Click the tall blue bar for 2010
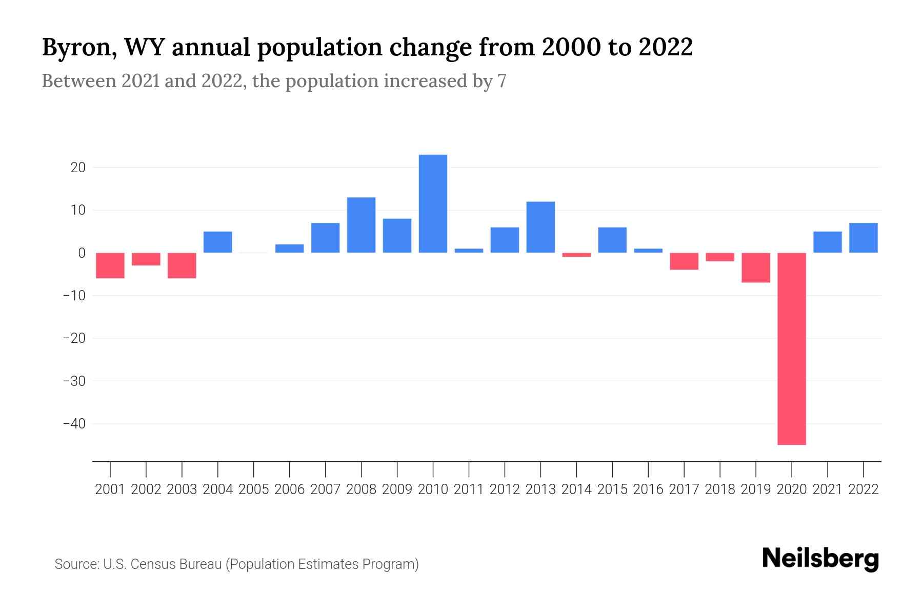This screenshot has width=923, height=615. (x=433, y=203)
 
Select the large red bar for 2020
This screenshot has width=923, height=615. (x=792, y=348)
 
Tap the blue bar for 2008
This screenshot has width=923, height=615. (x=361, y=225)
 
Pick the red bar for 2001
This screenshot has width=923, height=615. (x=110, y=265)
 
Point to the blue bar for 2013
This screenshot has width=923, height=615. (x=540, y=227)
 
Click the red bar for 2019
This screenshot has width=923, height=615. (x=756, y=268)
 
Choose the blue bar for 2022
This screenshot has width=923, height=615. (x=864, y=238)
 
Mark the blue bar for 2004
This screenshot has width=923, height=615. (x=218, y=242)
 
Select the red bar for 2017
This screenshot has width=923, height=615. (x=684, y=261)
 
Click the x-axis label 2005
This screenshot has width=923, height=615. (x=254, y=489)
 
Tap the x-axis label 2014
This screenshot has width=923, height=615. (x=576, y=489)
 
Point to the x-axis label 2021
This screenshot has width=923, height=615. (x=828, y=489)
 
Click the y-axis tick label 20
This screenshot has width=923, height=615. (x=78, y=168)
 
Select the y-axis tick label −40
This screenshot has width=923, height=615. (x=74, y=424)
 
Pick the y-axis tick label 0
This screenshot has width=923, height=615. (x=82, y=253)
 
